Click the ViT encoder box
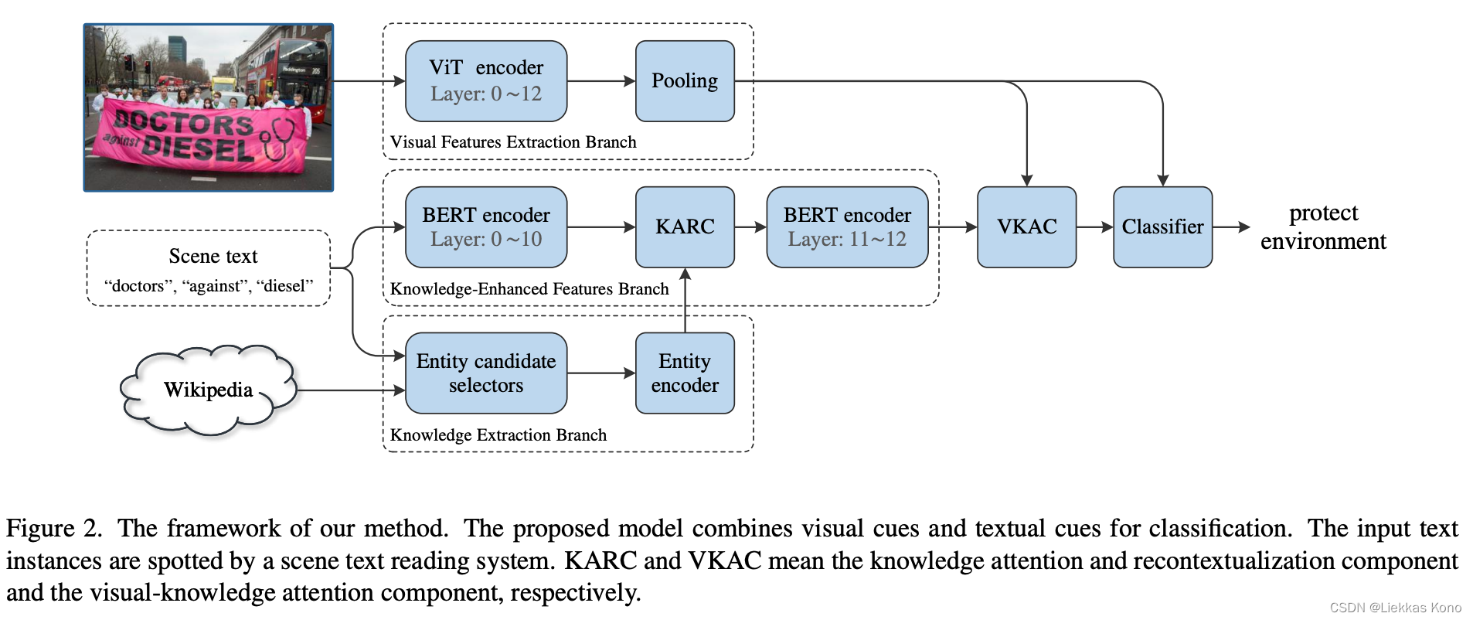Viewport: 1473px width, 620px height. click(x=485, y=81)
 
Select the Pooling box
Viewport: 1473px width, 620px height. click(x=685, y=81)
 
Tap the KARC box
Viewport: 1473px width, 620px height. click(x=685, y=227)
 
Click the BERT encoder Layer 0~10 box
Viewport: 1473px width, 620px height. click(x=485, y=227)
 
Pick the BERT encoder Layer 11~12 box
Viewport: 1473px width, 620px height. click(x=847, y=227)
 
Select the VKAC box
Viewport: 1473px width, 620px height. click(x=1026, y=227)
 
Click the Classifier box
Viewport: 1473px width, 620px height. click(x=1162, y=227)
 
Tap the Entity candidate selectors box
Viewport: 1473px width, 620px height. click(x=485, y=373)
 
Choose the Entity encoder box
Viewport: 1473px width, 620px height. click(x=685, y=373)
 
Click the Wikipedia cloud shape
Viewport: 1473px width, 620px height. click(x=208, y=390)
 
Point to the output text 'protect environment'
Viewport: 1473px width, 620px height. click(x=1323, y=227)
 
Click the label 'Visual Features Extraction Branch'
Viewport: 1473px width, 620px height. click(x=513, y=142)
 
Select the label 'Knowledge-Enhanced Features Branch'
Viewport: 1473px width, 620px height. click(x=529, y=289)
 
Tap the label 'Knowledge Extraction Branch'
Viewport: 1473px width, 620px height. click(x=498, y=435)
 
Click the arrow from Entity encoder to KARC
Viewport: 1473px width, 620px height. click(x=685, y=301)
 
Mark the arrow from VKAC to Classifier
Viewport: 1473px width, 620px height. click(x=1094, y=227)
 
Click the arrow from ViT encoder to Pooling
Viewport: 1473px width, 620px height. click(x=601, y=81)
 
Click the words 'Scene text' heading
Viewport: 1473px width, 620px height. click(x=213, y=257)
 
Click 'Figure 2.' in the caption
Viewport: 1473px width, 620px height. click(x=53, y=529)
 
